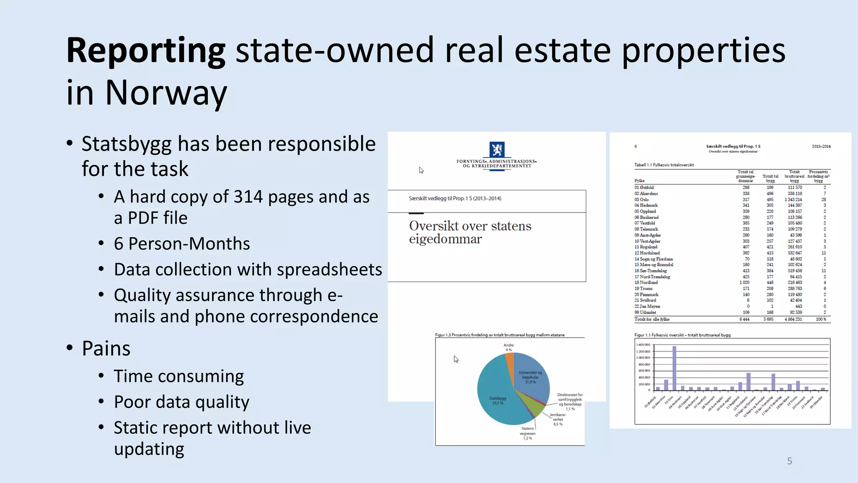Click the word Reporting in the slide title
(146, 50)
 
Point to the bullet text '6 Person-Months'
(182, 244)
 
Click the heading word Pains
(106, 348)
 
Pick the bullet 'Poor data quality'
(181, 402)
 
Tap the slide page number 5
(789, 461)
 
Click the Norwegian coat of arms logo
(497, 149)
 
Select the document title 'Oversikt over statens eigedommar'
(470, 232)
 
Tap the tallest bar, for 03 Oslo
(674, 368)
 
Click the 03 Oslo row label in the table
(641, 200)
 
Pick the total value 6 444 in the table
(744, 319)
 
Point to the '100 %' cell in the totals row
(821, 319)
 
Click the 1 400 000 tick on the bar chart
(643, 345)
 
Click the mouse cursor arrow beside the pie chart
(456, 359)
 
